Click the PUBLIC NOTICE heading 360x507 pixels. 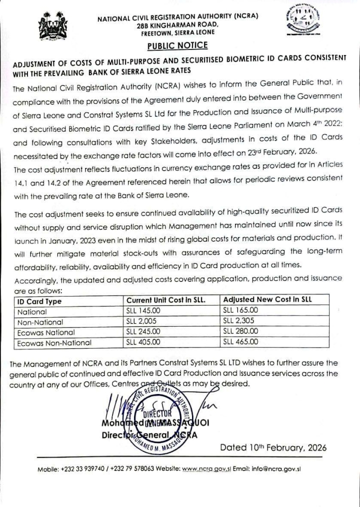coord(177,45)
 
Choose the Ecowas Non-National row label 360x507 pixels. coord(54,343)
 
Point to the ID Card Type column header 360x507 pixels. coord(39,301)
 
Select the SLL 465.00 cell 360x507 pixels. coord(240,342)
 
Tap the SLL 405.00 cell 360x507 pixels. coord(143,342)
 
